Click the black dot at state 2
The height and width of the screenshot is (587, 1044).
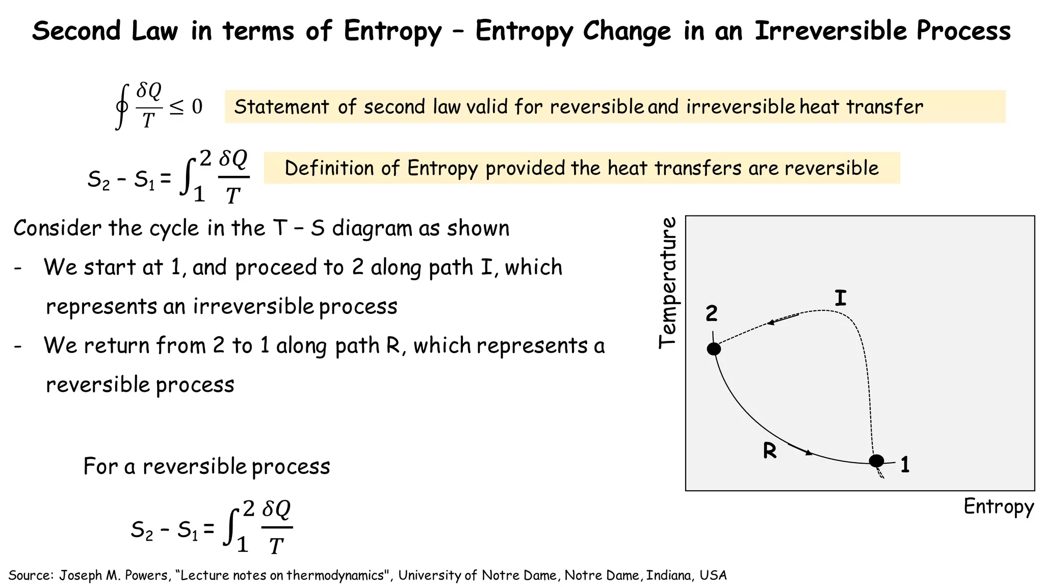714,349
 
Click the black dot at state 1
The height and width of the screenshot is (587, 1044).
876,461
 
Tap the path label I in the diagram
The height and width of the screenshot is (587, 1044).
841,298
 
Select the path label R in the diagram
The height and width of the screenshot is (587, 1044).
770,451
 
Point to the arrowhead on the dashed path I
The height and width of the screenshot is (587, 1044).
771,323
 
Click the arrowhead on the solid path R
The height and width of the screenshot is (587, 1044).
808,452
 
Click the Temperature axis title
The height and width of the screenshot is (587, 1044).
668,283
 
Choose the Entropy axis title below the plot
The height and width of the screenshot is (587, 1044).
999,507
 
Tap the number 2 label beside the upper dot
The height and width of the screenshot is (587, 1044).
712,313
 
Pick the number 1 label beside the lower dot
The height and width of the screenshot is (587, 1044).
905,465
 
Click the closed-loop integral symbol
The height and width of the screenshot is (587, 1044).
121,107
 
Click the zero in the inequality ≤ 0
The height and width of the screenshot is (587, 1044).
197,107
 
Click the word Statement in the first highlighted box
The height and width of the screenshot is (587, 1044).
281,107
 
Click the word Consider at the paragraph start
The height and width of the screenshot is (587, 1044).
58,228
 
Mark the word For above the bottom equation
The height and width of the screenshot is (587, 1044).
100,466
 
